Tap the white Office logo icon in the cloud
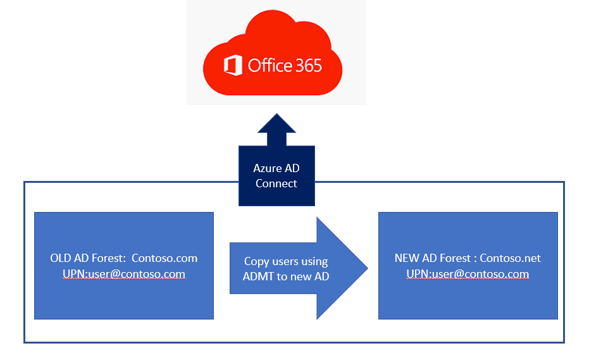233,66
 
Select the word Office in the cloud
270,65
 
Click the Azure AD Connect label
276,175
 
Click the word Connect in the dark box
276,183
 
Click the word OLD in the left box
61,258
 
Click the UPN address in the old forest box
124,274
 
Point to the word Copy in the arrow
257,261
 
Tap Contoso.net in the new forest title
510,258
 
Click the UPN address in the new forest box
468,274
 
